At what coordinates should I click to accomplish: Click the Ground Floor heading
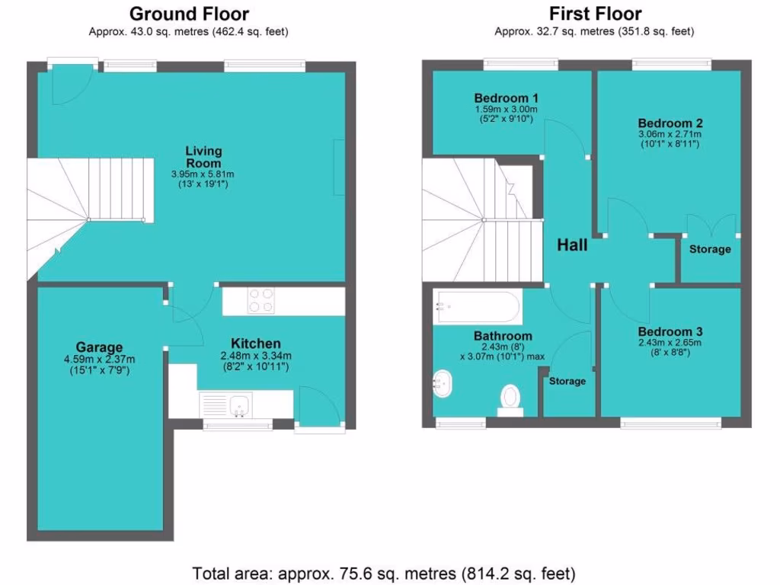[189, 14]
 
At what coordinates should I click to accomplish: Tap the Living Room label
[203, 157]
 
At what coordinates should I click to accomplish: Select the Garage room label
[99, 347]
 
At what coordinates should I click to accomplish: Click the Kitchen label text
[256, 344]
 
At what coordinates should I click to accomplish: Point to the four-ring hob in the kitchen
[261, 300]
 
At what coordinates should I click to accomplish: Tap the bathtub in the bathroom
[478, 308]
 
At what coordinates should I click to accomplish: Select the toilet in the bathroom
[510, 398]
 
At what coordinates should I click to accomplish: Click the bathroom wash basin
[443, 384]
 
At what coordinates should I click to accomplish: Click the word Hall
[572, 245]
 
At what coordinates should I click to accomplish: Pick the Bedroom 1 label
[506, 97]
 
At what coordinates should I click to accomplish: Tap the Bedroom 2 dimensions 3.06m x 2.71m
[670, 135]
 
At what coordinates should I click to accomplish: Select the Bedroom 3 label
[670, 332]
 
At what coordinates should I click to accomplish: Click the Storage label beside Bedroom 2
[710, 249]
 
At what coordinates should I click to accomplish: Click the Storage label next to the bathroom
[567, 381]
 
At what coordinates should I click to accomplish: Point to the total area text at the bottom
[383, 573]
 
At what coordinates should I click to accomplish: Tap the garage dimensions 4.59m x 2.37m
[99, 360]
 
